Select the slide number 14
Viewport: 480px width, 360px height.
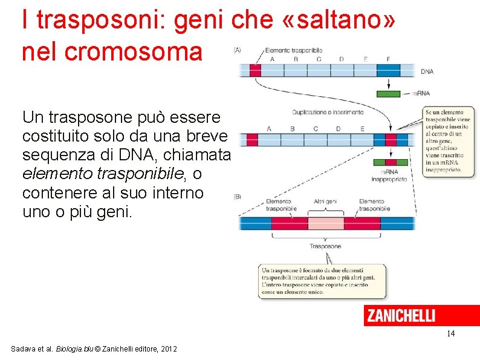tap(450, 334)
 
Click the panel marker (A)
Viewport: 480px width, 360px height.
tap(237, 50)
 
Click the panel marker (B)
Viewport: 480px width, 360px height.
tap(237, 196)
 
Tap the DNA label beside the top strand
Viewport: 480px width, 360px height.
tap(427, 71)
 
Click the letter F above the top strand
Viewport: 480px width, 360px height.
tap(388, 59)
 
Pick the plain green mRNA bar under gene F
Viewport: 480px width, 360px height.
tap(388, 94)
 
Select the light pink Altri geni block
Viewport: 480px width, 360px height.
tap(326, 223)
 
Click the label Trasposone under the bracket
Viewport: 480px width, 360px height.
tap(325, 246)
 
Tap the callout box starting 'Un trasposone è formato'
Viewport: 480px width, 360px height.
tap(322, 281)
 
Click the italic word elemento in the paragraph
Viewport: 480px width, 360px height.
tap(51, 174)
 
